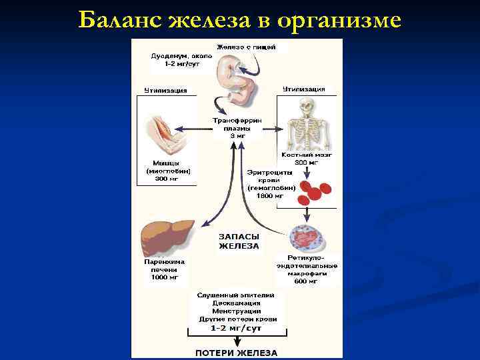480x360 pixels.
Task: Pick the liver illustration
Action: click(167, 237)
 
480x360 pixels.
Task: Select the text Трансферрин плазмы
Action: click(237, 124)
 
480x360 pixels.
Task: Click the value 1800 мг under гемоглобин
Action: click(271, 196)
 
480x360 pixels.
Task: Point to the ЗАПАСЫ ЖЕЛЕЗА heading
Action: click(239, 241)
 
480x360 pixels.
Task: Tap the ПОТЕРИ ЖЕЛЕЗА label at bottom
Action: click(237, 353)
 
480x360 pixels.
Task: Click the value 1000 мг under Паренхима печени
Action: click(165, 277)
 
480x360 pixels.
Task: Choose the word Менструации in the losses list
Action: click(237, 311)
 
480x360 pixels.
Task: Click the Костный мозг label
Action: click(307, 155)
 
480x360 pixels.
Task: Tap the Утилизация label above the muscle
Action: click(166, 90)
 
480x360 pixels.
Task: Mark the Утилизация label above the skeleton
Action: click(303, 88)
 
